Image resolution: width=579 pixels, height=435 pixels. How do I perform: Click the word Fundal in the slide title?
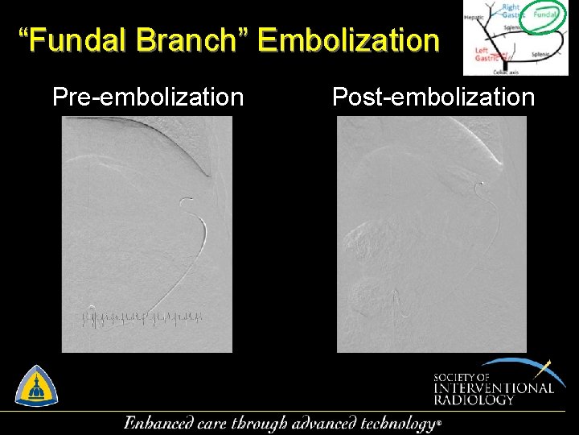pos(80,40)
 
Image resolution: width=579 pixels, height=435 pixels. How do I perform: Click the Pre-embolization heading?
pos(148,97)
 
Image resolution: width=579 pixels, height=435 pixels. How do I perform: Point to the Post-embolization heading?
pos(433,97)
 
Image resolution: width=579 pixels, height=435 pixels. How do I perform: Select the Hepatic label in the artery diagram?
pos(474,17)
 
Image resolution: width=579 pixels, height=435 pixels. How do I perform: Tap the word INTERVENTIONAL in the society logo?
pos(494,388)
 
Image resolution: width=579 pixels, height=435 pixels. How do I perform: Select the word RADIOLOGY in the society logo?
pos(473,400)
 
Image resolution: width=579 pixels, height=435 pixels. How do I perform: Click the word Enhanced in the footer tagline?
pos(158,423)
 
